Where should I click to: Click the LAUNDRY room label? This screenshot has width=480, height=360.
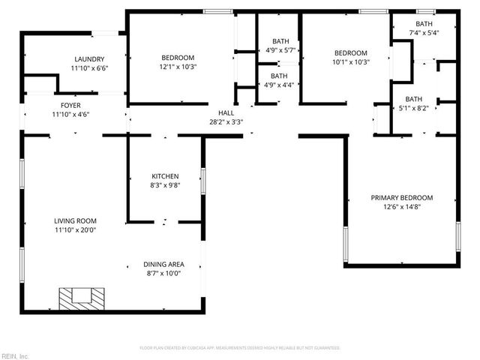click(x=89, y=59)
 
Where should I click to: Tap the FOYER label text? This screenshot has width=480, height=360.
click(x=71, y=106)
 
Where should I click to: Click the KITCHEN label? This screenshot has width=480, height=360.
click(x=165, y=176)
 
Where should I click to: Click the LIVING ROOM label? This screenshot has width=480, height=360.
click(x=75, y=221)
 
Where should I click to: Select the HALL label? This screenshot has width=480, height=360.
click(x=226, y=112)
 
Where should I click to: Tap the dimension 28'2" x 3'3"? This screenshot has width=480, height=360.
click(x=226, y=121)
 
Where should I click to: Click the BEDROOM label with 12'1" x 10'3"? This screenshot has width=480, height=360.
click(x=178, y=58)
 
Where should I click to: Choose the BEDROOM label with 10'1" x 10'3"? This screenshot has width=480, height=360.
click(x=350, y=53)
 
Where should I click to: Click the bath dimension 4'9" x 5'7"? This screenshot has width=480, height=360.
click(x=280, y=50)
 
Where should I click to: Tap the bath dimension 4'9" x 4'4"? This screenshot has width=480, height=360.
click(x=279, y=85)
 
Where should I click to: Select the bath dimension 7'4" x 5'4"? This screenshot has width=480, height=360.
click(x=424, y=33)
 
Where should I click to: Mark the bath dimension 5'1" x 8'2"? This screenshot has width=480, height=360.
click(x=413, y=108)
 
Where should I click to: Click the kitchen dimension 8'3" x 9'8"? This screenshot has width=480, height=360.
click(x=165, y=185)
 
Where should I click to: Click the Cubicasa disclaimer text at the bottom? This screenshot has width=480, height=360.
click(x=240, y=348)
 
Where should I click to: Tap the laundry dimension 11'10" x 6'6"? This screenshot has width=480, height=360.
click(x=89, y=68)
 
